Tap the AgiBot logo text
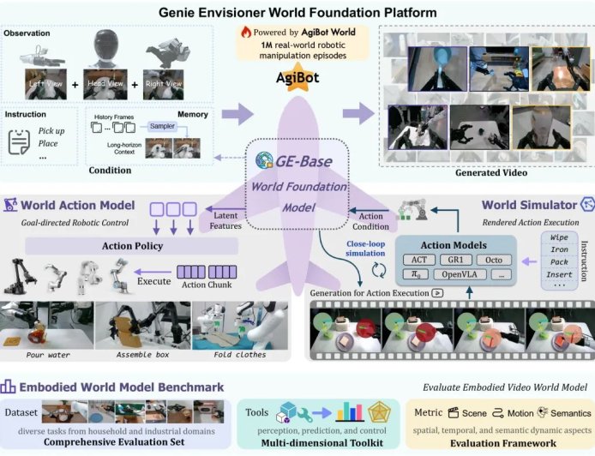297,75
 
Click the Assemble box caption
141,354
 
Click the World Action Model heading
77,205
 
